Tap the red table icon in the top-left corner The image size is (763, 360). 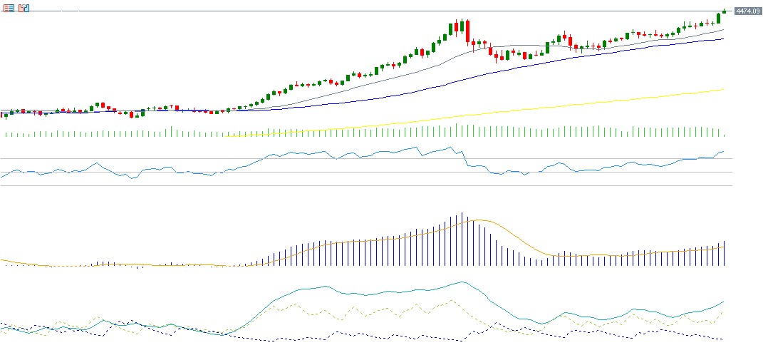pyautogui.click(x=9, y=8)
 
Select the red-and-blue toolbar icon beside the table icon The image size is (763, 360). pyautogui.click(x=24, y=8)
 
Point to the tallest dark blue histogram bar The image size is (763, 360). pyautogui.click(x=462, y=239)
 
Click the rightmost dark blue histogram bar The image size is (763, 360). pyautogui.click(x=724, y=254)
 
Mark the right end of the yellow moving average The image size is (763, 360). pyautogui.click(x=723, y=90)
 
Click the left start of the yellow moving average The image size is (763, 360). pyautogui.click(x=227, y=136)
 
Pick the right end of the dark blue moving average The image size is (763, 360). pyautogui.click(x=723, y=39)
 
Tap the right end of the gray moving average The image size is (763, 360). pyautogui.click(x=723, y=30)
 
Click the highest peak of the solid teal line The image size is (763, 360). pyautogui.click(x=462, y=282)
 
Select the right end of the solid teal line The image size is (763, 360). pyautogui.click(x=723, y=302)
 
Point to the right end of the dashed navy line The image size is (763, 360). pyautogui.click(x=722, y=339)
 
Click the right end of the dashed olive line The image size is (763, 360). pyautogui.click(x=723, y=311)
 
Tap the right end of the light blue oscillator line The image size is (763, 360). pyautogui.click(x=723, y=151)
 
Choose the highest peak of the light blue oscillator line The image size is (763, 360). pyautogui.click(x=450, y=147)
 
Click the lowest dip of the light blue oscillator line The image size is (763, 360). pyautogui.click(x=132, y=178)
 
